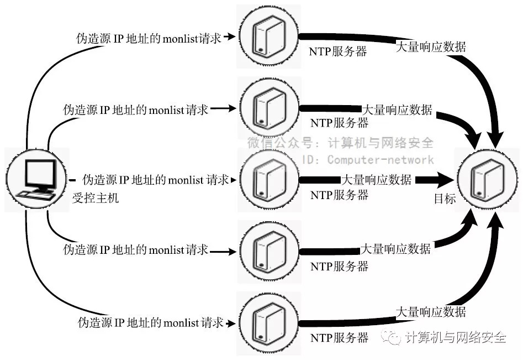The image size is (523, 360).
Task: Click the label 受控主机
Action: coord(96,198)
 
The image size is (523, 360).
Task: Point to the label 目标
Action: coord(445,199)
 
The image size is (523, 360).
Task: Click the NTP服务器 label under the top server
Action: coord(339,52)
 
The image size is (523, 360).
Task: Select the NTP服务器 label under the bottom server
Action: coord(339,337)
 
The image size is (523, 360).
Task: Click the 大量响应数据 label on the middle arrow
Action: coord(376,180)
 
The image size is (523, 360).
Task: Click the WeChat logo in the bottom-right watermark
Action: coord(393,337)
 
